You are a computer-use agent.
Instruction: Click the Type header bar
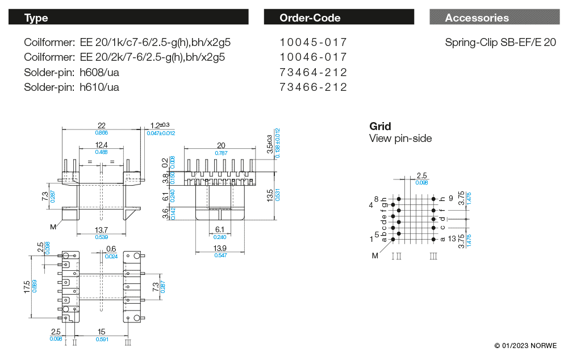point(128,18)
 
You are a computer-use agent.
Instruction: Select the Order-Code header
point(340,18)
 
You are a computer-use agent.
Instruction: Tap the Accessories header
point(494,18)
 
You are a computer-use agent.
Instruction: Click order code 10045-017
point(313,43)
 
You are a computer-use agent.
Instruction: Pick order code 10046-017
point(313,57)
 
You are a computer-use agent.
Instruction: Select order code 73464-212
point(313,73)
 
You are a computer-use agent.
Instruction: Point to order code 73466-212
point(313,87)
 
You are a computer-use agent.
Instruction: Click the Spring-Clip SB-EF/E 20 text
point(500,43)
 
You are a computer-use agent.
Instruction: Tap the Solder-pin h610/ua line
point(72,87)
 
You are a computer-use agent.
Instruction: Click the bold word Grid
point(380,126)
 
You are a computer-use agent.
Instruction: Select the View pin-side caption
point(400,138)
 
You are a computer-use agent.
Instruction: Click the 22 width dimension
point(102,125)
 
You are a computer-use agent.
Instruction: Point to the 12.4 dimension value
point(102,145)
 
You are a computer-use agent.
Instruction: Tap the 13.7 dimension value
point(102,229)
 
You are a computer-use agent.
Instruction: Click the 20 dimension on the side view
point(221,145)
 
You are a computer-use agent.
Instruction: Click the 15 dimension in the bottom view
point(101,332)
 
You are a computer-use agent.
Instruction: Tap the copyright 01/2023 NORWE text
point(525,346)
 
